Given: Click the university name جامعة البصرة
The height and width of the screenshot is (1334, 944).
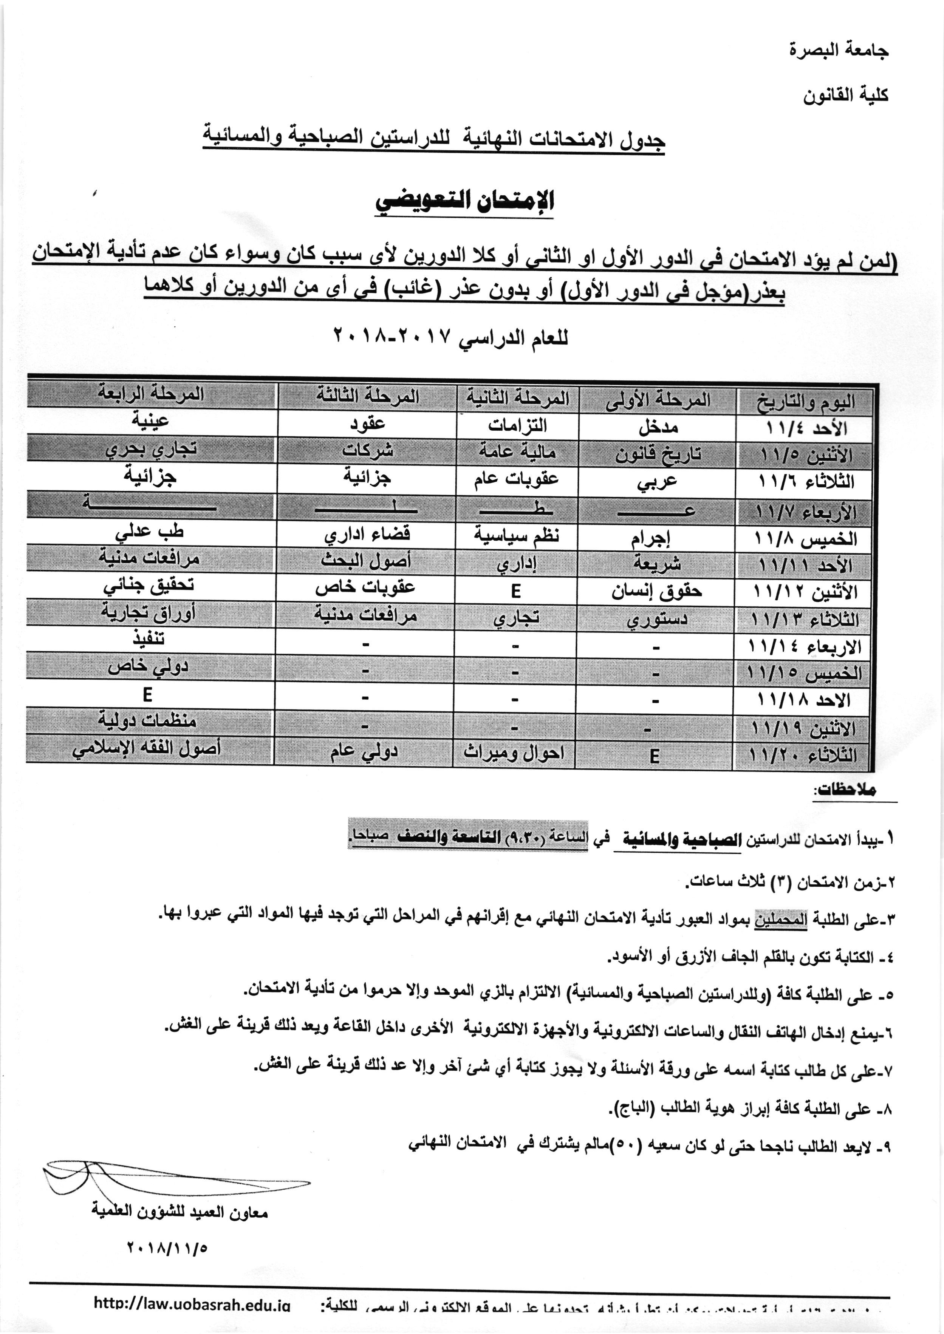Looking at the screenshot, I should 838,51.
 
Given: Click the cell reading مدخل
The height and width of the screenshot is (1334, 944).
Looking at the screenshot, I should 658,428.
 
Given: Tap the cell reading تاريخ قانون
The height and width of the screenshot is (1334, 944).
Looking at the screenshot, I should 658,454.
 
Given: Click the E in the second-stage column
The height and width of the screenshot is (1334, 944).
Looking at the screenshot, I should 515,592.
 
